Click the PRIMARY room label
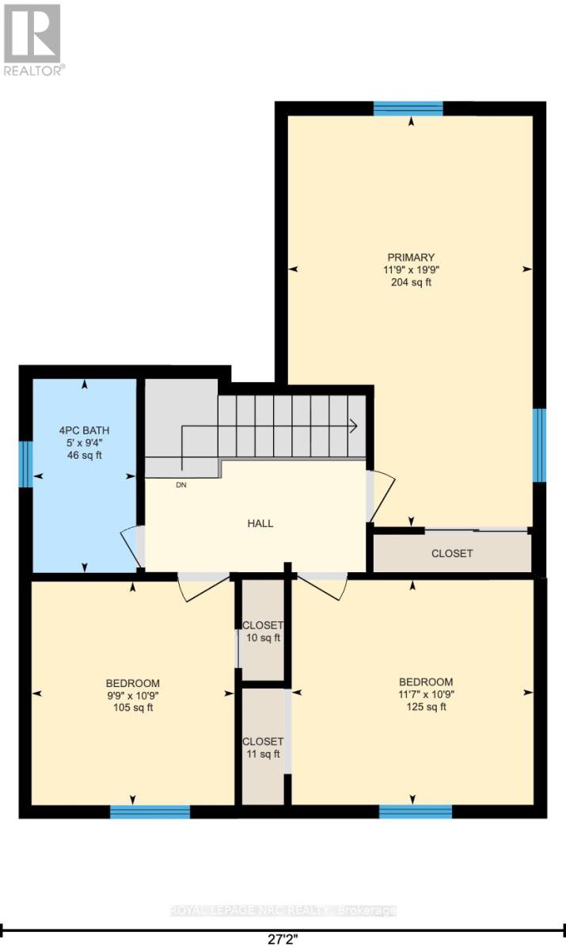411,257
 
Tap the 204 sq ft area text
411,282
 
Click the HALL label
260,523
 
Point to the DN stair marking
181,486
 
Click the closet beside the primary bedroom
452,553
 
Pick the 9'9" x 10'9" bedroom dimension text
133,696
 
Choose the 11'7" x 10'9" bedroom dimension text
426,694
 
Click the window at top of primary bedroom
408,109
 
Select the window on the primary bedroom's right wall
539,445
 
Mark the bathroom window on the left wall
25,464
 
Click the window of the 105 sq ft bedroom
150,812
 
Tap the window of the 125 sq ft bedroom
416,812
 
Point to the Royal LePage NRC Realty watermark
283,911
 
